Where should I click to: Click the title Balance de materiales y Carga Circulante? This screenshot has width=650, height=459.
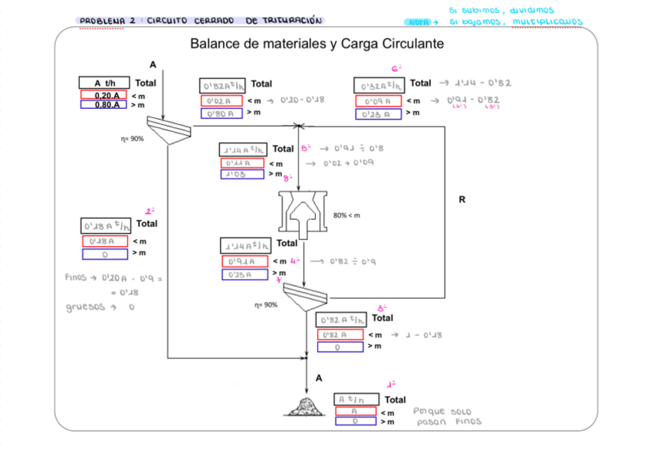point(317,44)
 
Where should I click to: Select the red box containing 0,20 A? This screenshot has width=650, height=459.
point(103,95)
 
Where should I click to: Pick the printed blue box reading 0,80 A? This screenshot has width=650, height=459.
point(103,105)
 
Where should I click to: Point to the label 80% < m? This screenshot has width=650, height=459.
point(347,216)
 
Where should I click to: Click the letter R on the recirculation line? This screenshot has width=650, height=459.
point(461,200)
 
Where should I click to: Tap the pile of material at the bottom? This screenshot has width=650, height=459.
point(305,404)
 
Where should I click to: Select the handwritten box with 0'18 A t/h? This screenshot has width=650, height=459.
point(107,226)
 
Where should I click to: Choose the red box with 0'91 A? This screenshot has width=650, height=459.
point(245,262)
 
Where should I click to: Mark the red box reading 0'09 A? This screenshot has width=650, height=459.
point(378,100)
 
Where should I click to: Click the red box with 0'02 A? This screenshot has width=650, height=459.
point(222,100)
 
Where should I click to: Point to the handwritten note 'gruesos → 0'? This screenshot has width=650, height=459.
point(100,307)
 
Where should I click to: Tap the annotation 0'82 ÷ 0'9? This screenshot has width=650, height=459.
point(353,262)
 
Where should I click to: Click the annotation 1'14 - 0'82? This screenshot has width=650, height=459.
point(483,84)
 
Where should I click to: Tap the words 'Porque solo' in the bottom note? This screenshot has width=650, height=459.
point(439,411)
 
